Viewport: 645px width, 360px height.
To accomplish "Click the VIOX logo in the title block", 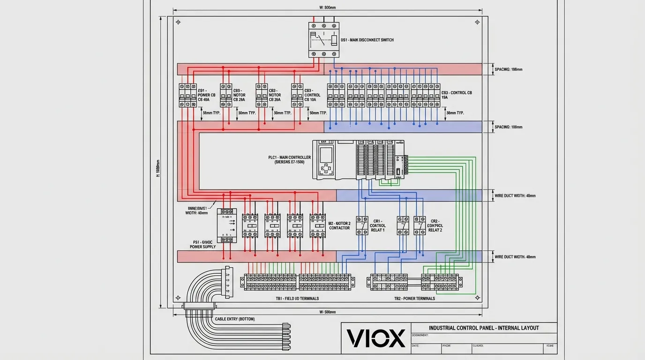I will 375,338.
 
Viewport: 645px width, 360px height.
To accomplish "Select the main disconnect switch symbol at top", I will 323,40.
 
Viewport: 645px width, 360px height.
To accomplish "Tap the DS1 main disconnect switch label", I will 367,40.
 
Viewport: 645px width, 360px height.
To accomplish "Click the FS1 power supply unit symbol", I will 227,224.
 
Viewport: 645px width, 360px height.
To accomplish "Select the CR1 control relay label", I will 378,225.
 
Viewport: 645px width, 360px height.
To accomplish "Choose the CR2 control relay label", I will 435,225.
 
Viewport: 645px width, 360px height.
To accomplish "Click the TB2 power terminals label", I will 414,299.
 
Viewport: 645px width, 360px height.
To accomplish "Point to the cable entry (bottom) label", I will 235,319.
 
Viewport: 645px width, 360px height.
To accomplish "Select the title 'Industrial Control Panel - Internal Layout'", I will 484,328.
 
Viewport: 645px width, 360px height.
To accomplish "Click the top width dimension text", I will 327,8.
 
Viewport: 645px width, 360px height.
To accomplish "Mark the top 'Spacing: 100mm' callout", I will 509,69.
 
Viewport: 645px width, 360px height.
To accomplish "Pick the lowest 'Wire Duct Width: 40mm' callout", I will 515,257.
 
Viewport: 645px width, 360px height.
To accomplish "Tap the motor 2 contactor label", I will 339,225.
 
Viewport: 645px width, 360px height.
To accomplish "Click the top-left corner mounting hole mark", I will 178,22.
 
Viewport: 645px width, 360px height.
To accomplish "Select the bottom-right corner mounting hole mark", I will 478,298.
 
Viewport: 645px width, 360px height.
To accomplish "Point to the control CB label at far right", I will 457,95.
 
